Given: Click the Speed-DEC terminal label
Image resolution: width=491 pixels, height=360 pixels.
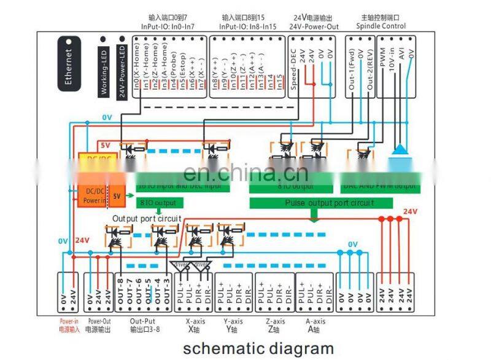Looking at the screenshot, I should (294, 73).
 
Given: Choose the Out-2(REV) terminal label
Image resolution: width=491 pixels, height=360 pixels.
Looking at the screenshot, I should (369, 72).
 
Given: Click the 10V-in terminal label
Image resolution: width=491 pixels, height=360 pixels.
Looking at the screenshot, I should (392, 63).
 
